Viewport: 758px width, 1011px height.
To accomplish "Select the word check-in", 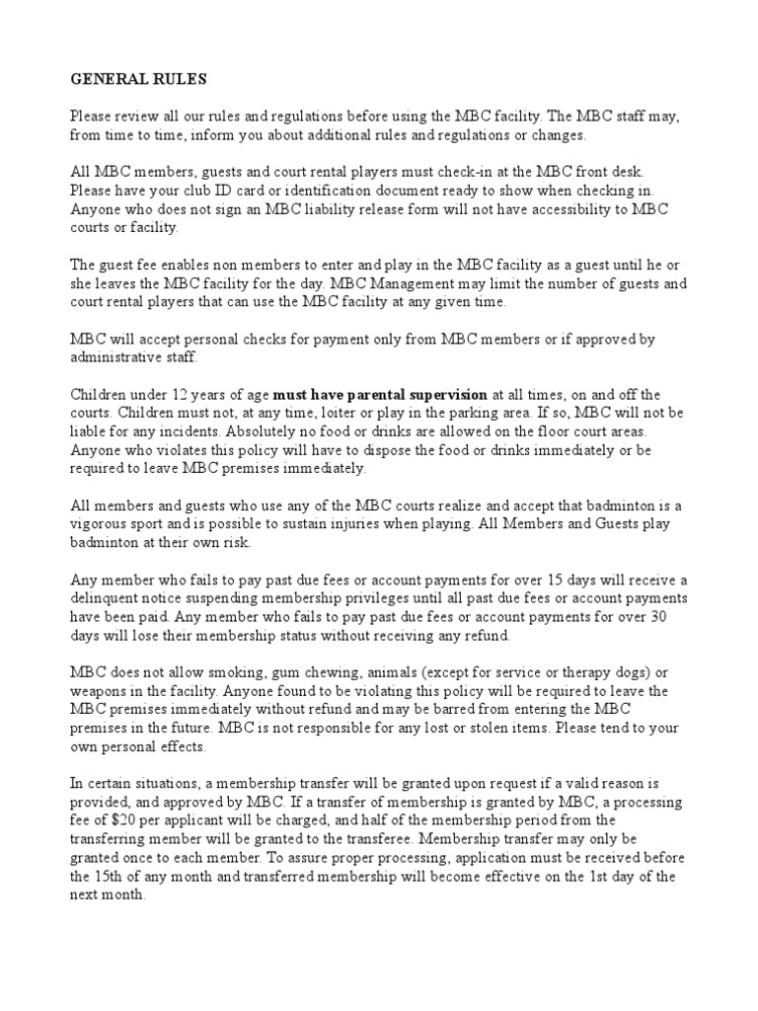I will click(387, 173).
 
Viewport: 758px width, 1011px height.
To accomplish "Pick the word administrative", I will click(113, 356).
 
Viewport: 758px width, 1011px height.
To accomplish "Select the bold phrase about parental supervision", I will click(365, 394).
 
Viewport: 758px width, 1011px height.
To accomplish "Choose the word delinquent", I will click(112, 597).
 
